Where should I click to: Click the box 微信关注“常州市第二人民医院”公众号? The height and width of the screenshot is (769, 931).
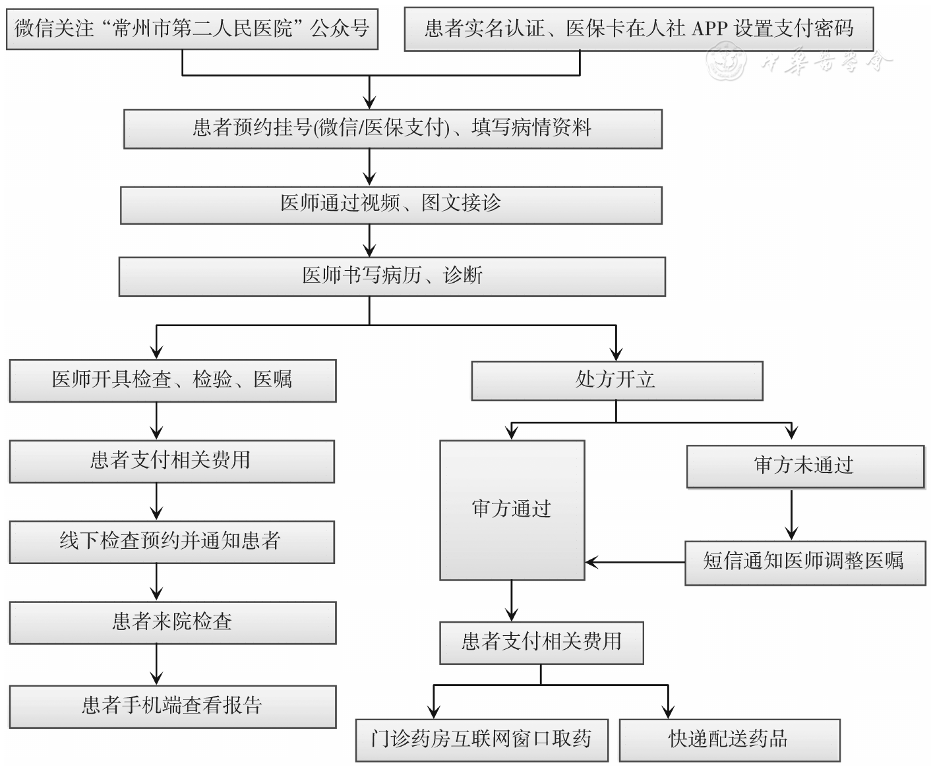tap(192, 29)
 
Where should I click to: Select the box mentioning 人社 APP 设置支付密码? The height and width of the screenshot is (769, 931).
tap(638, 29)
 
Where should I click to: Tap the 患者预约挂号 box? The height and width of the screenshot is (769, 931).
tap(392, 128)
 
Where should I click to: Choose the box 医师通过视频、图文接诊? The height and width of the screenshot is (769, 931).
tap(390, 204)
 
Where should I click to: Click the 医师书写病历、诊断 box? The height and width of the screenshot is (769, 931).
tap(392, 276)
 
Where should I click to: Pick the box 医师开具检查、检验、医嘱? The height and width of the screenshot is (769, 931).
tap(172, 380)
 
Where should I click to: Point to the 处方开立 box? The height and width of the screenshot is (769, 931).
tap(616, 380)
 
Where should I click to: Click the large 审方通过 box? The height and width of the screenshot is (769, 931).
tap(512, 509)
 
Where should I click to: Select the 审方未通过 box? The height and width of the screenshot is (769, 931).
tap(804, 466)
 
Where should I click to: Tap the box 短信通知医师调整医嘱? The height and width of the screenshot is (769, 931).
tap(804, 562)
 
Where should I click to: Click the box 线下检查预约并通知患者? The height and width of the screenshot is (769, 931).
tap(171, 542)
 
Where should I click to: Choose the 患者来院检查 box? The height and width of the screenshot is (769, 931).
tap(172, 622)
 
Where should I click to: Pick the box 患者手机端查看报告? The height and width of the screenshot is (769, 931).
tap(172, 706)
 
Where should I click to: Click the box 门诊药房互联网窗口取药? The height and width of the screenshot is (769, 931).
tap(481, 739)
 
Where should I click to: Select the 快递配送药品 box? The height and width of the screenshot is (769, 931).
tap(729, 739)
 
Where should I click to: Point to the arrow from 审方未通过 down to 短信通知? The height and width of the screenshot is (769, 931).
tap(792, 515)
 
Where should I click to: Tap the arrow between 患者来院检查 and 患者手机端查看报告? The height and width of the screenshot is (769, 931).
tap(156, 665)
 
